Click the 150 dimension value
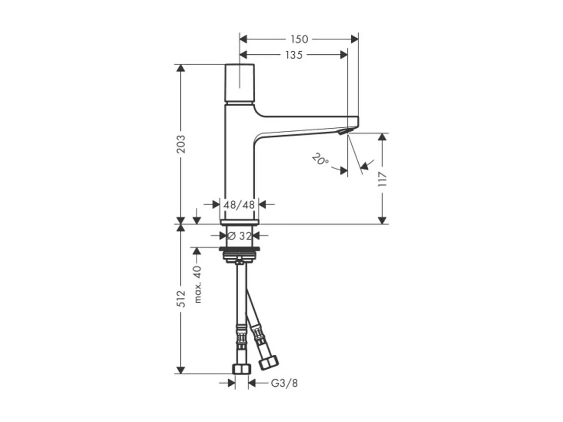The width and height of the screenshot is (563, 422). [299, 39]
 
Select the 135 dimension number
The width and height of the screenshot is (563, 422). [294, 55]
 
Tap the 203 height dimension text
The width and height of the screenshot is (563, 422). [181, 144]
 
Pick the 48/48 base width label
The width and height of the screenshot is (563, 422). [240, 204]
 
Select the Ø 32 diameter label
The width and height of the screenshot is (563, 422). [240, 235]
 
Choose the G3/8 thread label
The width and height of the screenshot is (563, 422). [284, 383]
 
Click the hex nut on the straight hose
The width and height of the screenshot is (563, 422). [241, 369]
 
